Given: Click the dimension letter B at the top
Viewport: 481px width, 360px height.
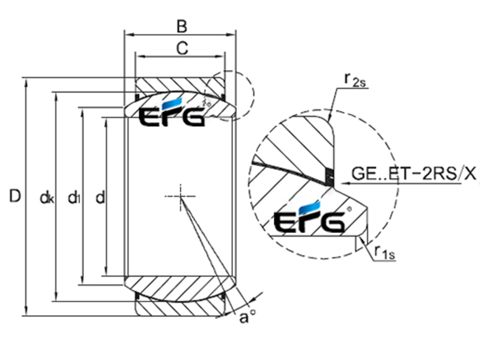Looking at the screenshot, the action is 182,26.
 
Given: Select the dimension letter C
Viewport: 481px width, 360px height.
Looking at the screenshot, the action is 182,48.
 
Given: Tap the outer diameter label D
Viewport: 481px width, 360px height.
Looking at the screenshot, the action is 15,196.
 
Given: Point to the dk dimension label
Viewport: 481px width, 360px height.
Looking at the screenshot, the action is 47,198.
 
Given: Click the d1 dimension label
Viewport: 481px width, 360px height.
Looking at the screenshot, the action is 74,197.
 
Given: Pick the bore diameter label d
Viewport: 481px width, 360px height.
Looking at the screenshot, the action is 100,197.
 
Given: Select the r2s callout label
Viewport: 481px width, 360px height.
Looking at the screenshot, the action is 355,80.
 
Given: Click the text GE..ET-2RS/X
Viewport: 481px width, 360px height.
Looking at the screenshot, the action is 414,174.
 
